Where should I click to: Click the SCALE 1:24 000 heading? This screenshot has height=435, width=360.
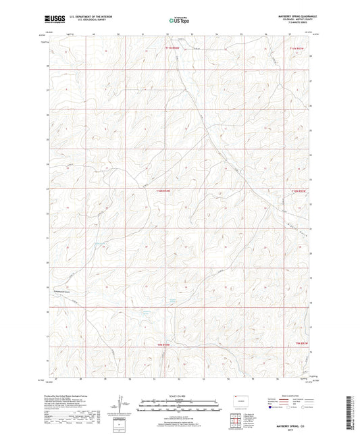coord(180,396)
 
